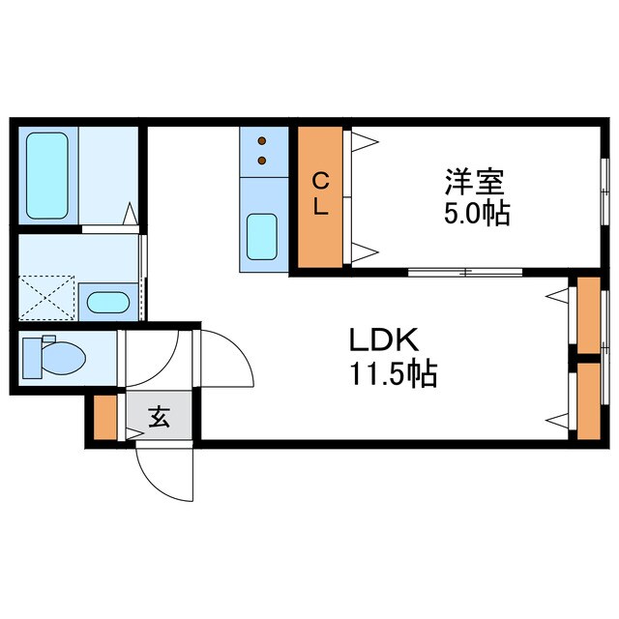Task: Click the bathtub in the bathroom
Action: click(x=46, y=175)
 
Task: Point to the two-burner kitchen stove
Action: click(x=261, y=152)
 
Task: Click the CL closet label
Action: click(x=319, y=193)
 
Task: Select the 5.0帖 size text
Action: click(x=477, y=213)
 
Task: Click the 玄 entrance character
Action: click(x=159, y=418)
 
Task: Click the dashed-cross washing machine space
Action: click(x=46, y=297)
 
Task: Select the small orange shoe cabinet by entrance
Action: click(x=105, y=417)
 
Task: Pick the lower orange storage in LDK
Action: click(x=586, y=400)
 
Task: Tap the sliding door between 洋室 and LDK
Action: click(x=464, y=272)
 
